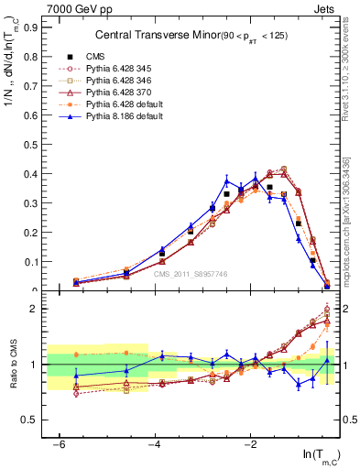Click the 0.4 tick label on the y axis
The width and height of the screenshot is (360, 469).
pyautogui.click(x=28, y=174)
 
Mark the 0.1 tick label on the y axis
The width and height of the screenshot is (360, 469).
pyautogui.click(x=28, y=262)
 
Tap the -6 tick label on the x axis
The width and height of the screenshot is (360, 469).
pyautogui.click(x=59, y=444)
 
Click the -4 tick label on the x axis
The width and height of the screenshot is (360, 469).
pyautogui.click(x=155, y=444)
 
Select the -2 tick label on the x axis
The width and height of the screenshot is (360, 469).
pyautogui.click(x=251, y=444)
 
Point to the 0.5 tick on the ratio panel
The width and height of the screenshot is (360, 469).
pyautogui.click(x=28, y=420)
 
